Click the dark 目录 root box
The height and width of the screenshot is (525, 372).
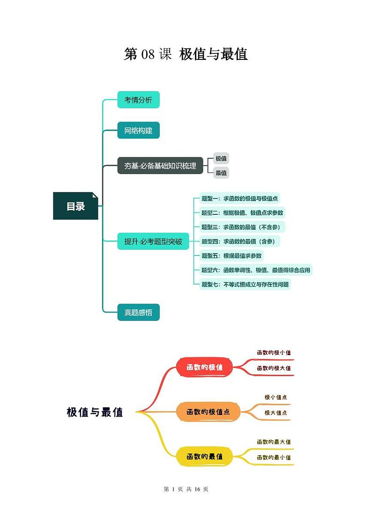[75, 206]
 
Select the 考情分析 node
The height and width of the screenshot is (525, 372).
[138, 100]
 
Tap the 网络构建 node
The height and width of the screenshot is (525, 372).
[138, 131]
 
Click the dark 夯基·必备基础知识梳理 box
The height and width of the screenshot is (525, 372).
[160, 166]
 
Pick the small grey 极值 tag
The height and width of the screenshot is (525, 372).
[221, 159]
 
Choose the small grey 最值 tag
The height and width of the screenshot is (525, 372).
[221, 173]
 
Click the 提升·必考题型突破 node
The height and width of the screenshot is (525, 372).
[153, 241]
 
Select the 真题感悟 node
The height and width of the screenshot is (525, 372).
[138, 312]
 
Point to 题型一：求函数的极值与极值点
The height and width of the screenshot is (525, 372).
[239, 198]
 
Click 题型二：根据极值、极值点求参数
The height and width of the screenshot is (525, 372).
[242, 213]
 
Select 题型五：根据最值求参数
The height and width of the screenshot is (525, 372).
[232, 255]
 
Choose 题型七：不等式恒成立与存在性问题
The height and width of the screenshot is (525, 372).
[245, 284]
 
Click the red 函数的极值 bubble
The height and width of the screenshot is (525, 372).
[205, 367]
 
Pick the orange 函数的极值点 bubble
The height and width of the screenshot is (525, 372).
[208, 412]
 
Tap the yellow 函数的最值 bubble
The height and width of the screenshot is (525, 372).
[205, 456]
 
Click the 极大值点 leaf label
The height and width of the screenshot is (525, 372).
[275, 413]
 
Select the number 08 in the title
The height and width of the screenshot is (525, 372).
[148, 55]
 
